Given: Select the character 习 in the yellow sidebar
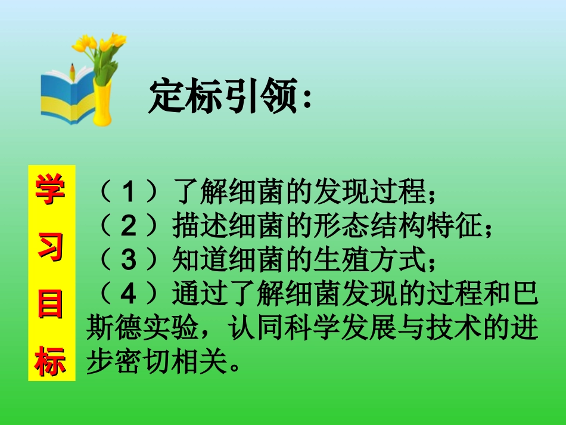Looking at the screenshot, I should coord(52,247).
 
